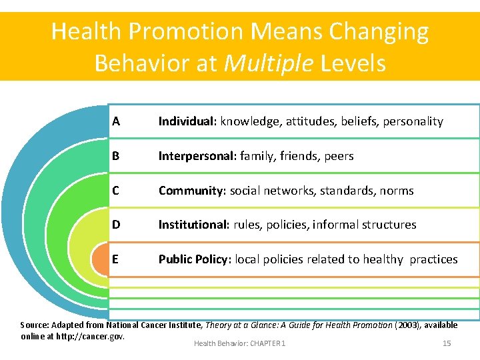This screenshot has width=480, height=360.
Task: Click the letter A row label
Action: point(116,121)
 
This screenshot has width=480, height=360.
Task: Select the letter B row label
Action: point(116,156)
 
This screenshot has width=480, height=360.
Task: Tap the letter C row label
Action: point(116,191)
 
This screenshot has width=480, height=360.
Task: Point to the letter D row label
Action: point(116,225)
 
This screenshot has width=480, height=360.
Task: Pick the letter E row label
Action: point(116,259)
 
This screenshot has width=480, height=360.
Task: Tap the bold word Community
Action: point(192,191)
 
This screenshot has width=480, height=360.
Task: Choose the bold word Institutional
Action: point(193,225)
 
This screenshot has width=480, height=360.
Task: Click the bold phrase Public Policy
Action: point(193,259)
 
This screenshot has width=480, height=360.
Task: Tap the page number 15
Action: point(447,343)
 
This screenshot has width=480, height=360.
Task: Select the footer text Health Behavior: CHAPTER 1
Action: point(239,343)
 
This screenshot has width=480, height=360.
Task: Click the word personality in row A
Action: point(413,121)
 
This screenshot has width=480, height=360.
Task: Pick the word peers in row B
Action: point(339,156)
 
